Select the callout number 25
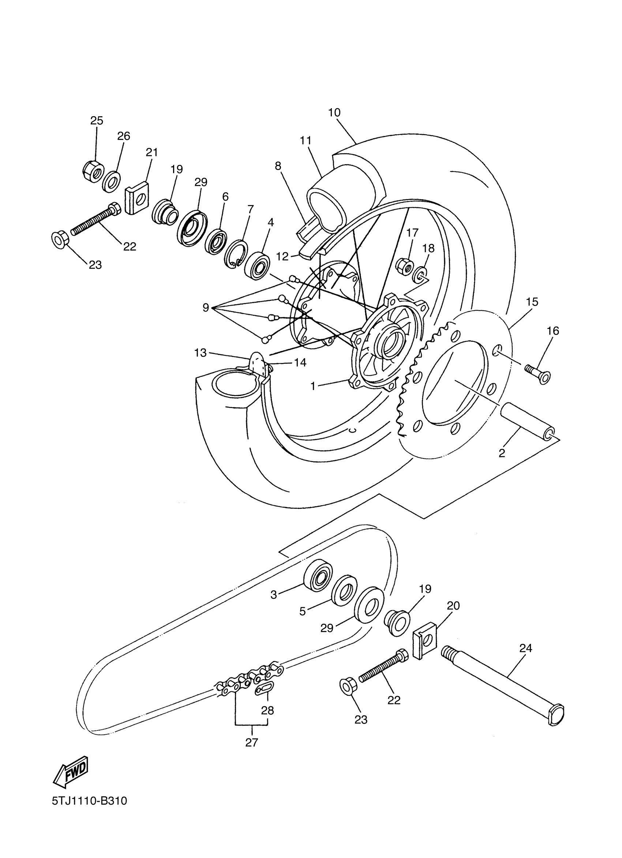click(97, 121)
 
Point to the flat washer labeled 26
click(111, 182)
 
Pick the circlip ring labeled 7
click(236, 254)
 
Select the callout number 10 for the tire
click(334, 112)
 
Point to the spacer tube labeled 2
click(527, 420)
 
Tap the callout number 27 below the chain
click(251, 742)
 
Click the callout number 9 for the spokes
click(206, 307)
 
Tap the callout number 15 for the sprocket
click(532, 302)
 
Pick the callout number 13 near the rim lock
click(200, 353)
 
